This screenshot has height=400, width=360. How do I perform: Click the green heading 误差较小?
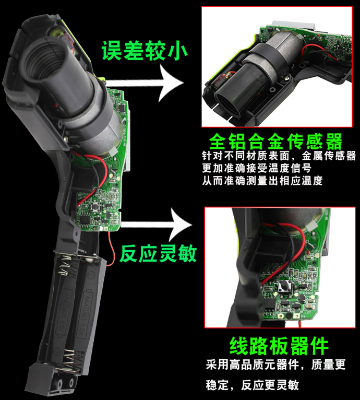(145, 51)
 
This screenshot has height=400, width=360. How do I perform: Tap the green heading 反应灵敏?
(158, 253)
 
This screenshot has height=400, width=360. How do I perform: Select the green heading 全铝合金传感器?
(275, 142)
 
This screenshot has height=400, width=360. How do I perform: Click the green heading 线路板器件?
(279, 346)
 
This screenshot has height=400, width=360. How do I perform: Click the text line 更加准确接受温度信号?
(257, 168)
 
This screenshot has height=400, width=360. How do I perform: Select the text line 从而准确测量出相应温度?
(262, 181)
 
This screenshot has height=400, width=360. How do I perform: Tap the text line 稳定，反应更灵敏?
(252, 385)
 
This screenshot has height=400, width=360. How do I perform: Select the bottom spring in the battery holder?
(68, 359)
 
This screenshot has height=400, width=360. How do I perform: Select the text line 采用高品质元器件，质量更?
(275, 364)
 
